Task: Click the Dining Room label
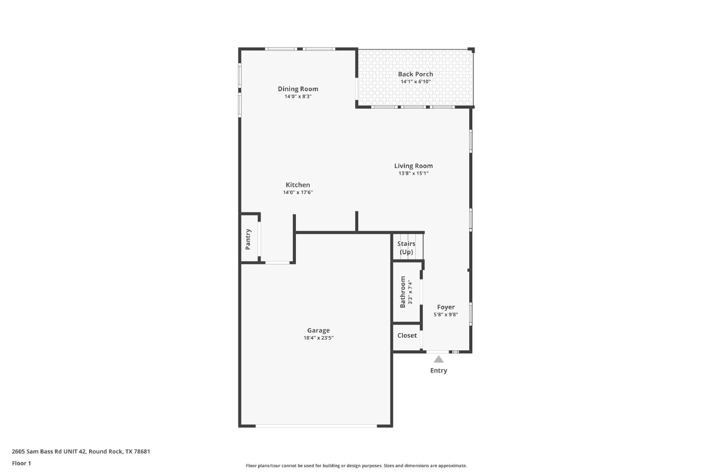[x=298, y=89]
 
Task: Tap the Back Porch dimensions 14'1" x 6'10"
[x=415, y=82]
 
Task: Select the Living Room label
[x=414, y=166]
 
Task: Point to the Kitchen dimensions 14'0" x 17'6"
[x=298, y=192]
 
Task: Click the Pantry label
[x=248, y=240]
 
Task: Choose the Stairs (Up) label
[x=406, y=248]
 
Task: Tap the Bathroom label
[x=403, y=292]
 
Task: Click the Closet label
[x=407, y=335]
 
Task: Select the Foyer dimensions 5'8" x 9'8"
[x=446, y=315]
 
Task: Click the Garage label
[x=318, y=331]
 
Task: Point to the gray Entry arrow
[x=438, y=359]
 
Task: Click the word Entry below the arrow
[x=438, y=371]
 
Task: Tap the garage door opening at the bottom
[x=316, y=426]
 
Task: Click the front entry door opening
[x=438, y=352]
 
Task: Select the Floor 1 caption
[x=21, y=463]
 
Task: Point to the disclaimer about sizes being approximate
[x=356, y=466]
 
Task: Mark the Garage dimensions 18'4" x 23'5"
[x=318, y=338]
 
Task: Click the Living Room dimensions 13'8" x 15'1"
[x=414, y=173]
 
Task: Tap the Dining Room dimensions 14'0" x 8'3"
[x=298, y=96]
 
